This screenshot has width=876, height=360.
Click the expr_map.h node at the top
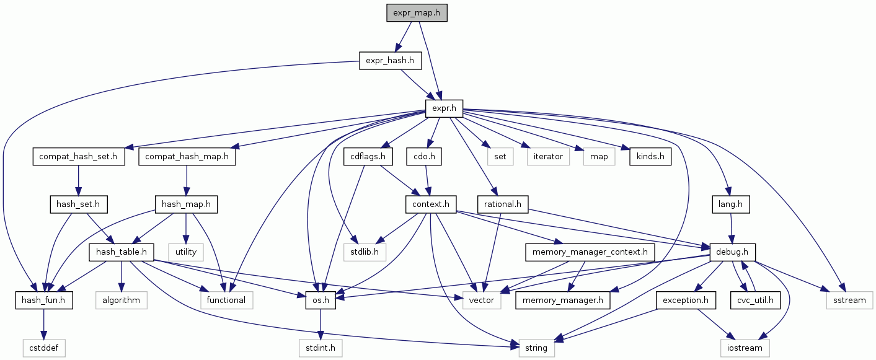click(416, 12)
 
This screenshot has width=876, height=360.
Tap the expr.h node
click(444, 109)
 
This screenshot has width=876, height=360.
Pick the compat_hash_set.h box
click(79, 157)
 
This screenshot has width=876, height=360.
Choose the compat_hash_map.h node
click(187, 157)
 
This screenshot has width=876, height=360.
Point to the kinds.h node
click(650, 157)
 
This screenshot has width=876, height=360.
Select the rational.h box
click(503, 203)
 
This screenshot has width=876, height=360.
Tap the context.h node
click(430, 203)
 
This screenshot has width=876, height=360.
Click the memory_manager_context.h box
click(590, 252)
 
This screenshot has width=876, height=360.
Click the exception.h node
click(686, 301)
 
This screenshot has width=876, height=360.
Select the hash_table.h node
click(122, 252)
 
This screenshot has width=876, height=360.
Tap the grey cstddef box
click(43, 348)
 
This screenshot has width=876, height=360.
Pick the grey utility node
click(186, 252)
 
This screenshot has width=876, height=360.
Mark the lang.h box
click(732, 203)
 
